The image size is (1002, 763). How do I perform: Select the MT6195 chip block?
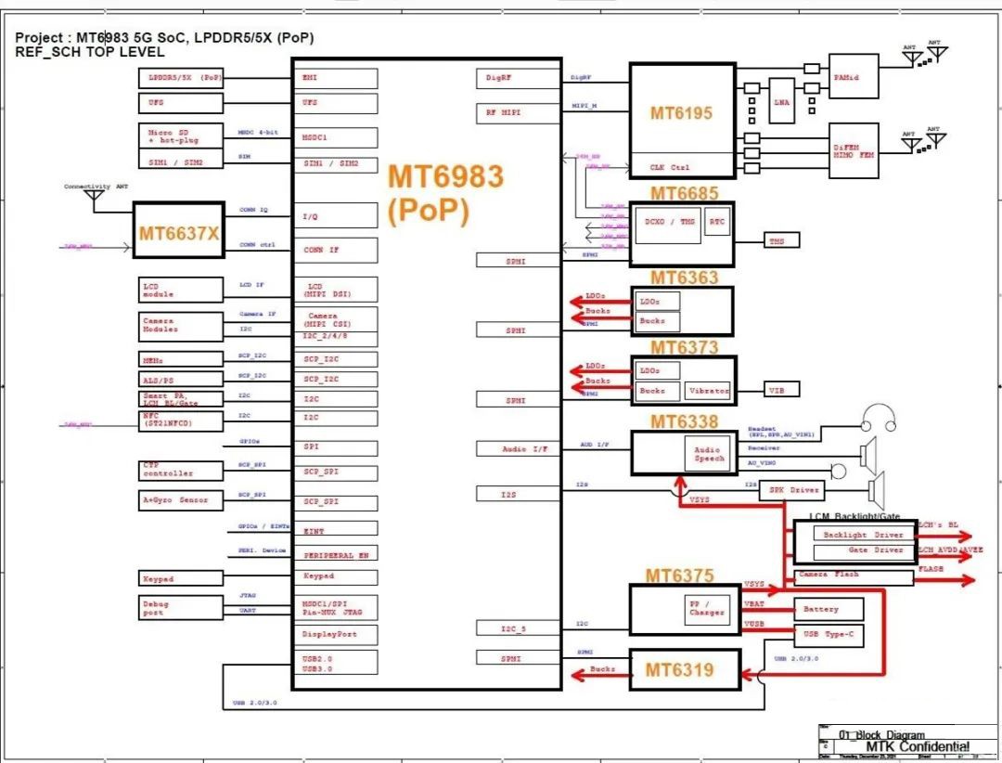click(681, 113)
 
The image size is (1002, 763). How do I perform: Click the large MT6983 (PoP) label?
click(445, 193)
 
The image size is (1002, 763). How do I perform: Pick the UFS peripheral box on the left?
click(180, 102)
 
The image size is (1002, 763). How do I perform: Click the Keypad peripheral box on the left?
click(180, 578)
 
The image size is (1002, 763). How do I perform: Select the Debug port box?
click(180, 608)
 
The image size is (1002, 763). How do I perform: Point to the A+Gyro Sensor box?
click(180, 500)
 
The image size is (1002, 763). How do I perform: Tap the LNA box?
click(781, 103)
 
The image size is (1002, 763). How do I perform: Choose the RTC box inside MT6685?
click(716, 222)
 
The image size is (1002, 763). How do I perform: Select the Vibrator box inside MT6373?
click(708, 391)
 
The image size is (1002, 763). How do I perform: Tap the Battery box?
click(828, 610)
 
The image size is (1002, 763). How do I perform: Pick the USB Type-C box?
click(828, 635)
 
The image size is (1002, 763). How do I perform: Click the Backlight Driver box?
click(863, 535)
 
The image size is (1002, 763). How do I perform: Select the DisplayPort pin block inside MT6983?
click(335, 635)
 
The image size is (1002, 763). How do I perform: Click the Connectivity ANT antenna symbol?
click(94, 198)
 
